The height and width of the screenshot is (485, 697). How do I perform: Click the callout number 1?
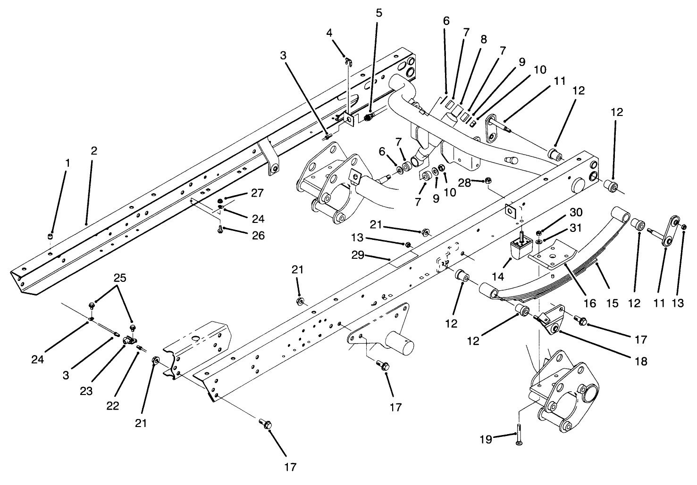pos(67,163)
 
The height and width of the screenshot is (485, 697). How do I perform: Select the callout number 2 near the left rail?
pos(94,151)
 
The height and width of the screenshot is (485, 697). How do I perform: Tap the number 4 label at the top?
pos(329,33)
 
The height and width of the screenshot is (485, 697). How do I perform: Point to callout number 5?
pos(379,13)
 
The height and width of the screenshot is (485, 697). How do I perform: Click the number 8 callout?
pos(483,40)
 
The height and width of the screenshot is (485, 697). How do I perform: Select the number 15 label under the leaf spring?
pos(612,303)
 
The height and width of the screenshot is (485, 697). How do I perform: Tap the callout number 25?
pos(120,278)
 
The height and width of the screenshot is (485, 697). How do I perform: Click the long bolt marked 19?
pos(519,436)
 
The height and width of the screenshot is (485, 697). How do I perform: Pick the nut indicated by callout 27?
pos(221,201)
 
